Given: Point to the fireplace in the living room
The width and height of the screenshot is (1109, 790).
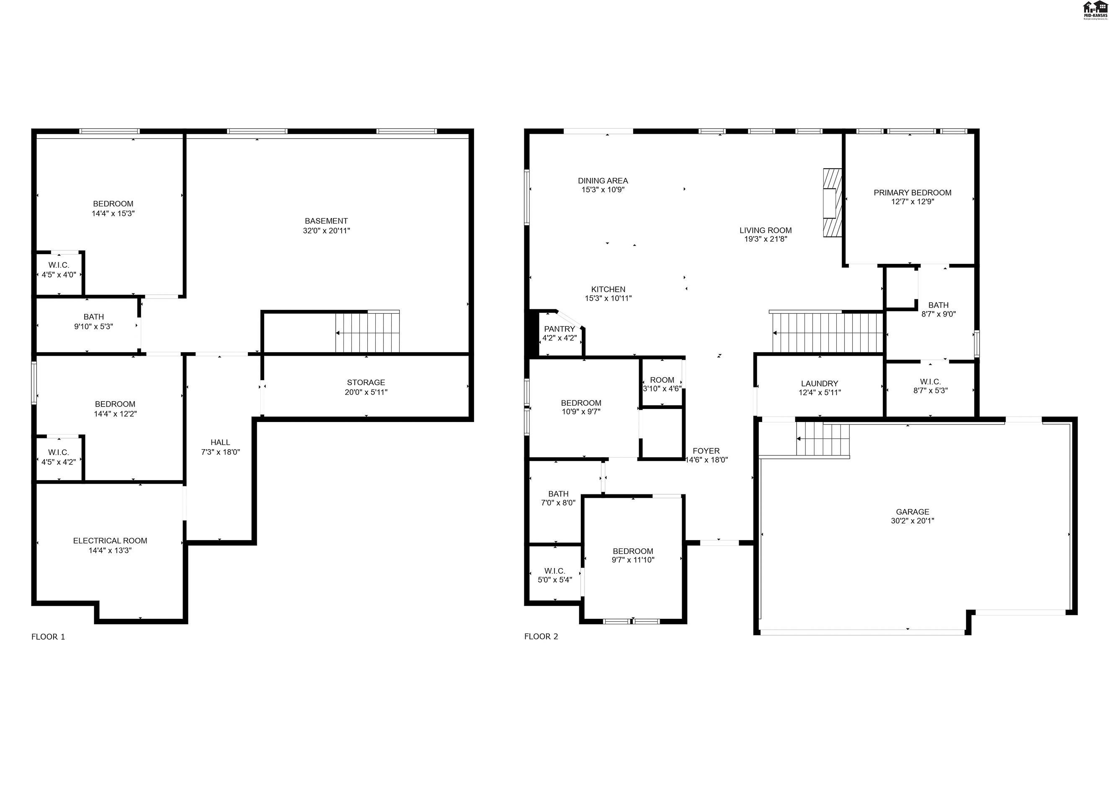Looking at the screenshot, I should click(832, 203).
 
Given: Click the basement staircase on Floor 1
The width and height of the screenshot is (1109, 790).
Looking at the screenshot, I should click(367, 332).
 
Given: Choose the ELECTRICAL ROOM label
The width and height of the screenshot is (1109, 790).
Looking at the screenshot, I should click(110, 541).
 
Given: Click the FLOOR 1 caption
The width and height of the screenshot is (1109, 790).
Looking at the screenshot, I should click(48, 637).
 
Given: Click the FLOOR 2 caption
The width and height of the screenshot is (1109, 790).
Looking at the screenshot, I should click(541, 637).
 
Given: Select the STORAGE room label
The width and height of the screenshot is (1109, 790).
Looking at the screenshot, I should click(366, 383).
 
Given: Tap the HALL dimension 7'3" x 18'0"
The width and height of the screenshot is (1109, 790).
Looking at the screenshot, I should click(220, 452).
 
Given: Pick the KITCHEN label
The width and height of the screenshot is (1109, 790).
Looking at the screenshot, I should click(608, 289).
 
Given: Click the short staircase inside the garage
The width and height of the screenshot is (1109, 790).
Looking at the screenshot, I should click(823, 439).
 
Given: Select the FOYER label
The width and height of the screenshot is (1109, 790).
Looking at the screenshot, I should click(706, 451).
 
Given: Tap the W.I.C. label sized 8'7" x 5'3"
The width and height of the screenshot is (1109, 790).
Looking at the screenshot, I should click(930, 382).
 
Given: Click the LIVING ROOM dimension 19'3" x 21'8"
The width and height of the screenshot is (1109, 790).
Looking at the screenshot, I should click(766, 239).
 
